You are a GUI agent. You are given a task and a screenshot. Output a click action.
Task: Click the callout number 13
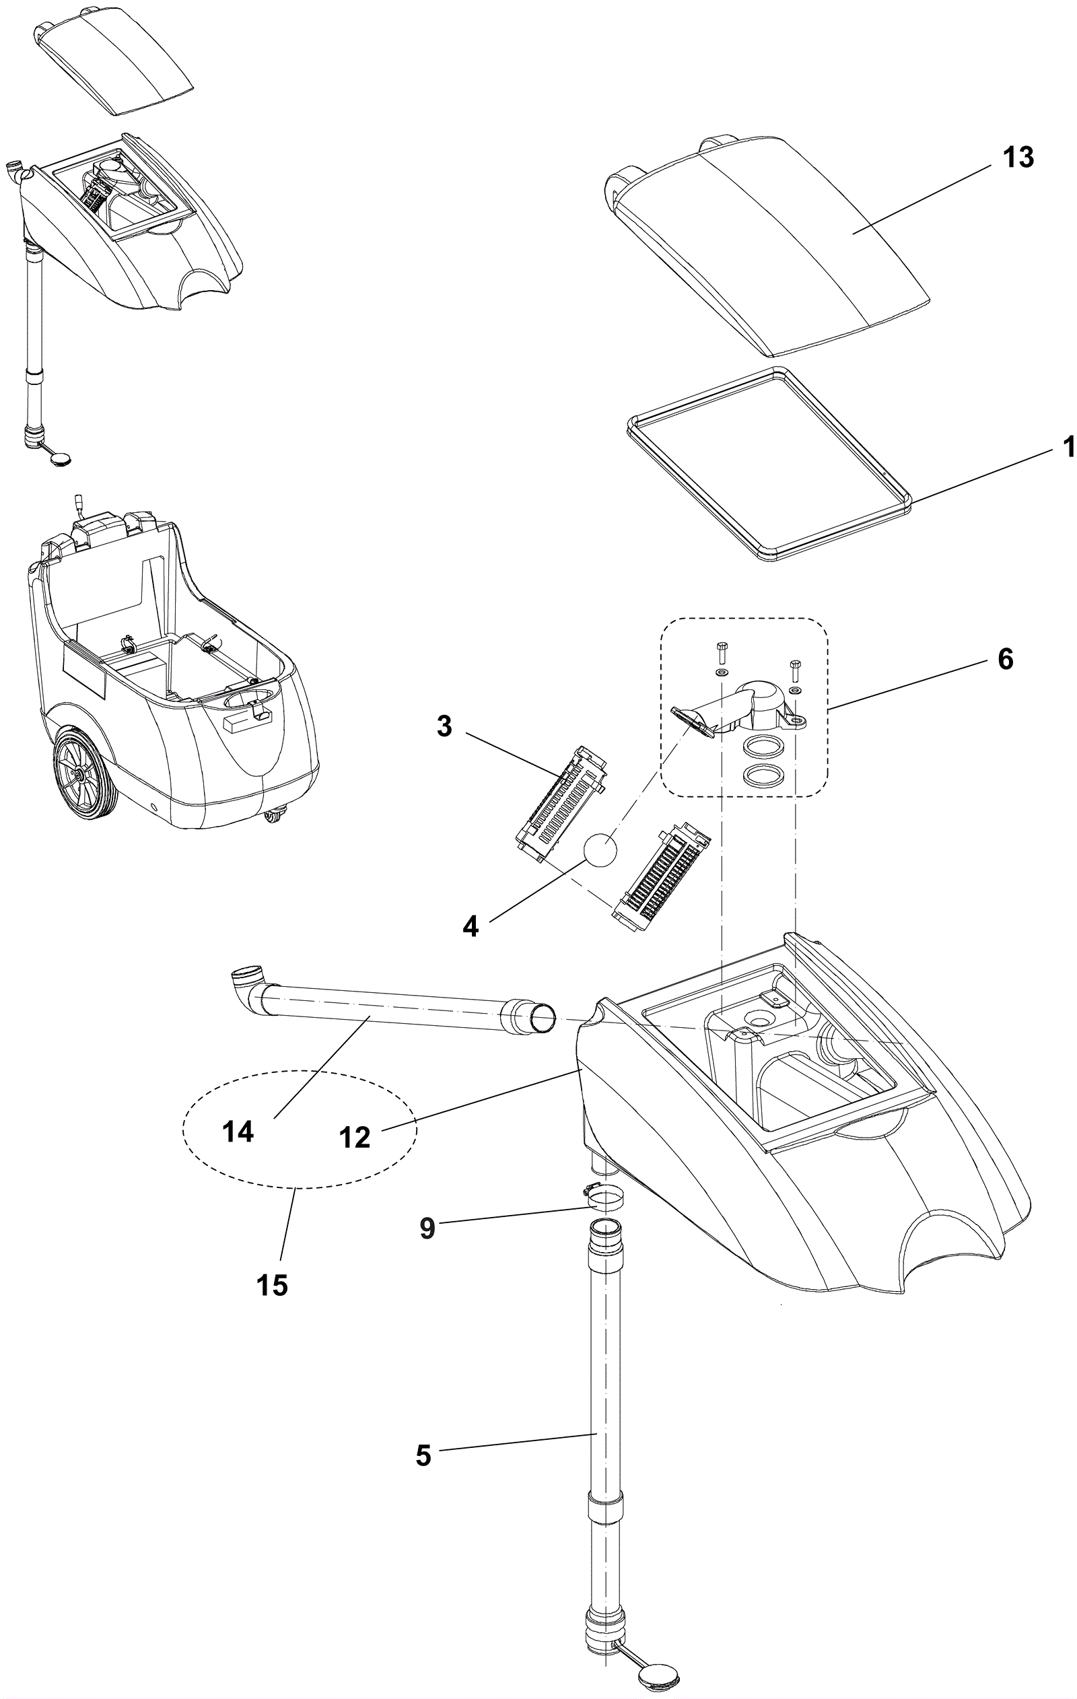1018,158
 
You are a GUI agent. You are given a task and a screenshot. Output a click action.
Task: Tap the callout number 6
1005,659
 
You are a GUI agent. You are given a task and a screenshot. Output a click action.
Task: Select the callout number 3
444,726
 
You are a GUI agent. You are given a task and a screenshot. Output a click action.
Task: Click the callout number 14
237,1132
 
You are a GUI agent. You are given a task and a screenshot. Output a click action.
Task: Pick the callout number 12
354,1137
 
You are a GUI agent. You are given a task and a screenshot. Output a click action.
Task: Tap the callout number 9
427,1228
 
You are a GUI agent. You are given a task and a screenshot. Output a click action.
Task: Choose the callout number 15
273,1285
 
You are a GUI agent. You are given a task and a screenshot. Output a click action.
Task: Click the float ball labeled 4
600,847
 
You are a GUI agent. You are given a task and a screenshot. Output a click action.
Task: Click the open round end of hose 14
543,1019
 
